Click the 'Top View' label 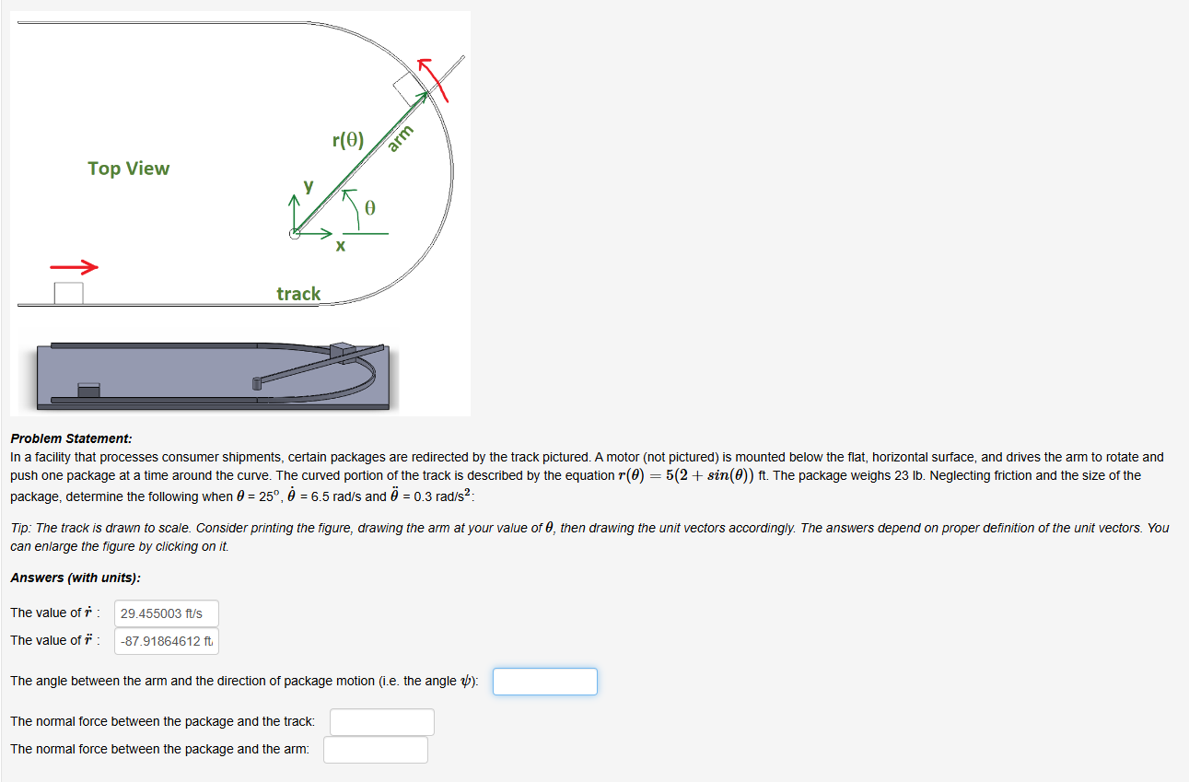click(x=129, y=169)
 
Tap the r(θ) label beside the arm click(x=348, y=141)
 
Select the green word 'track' click(x=298, y=294)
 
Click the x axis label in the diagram click(x=340, y=247)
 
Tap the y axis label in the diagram click(x=309, y=186)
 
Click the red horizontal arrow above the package click(x=74, y=267)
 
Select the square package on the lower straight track click(x=68, y=293)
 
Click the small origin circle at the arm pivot click(x=295, y=234)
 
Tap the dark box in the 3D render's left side click(x=88, y=391)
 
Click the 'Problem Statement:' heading click(x=71, y=439)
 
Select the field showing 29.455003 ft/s click(x=167, y=613)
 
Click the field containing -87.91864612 click(x=167, y=641)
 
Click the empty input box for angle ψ click(x=544, y=682)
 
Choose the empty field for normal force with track click(x=381, y=722)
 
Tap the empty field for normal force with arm click(x=375, y=750)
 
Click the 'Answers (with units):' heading click(x=76, y=578)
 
